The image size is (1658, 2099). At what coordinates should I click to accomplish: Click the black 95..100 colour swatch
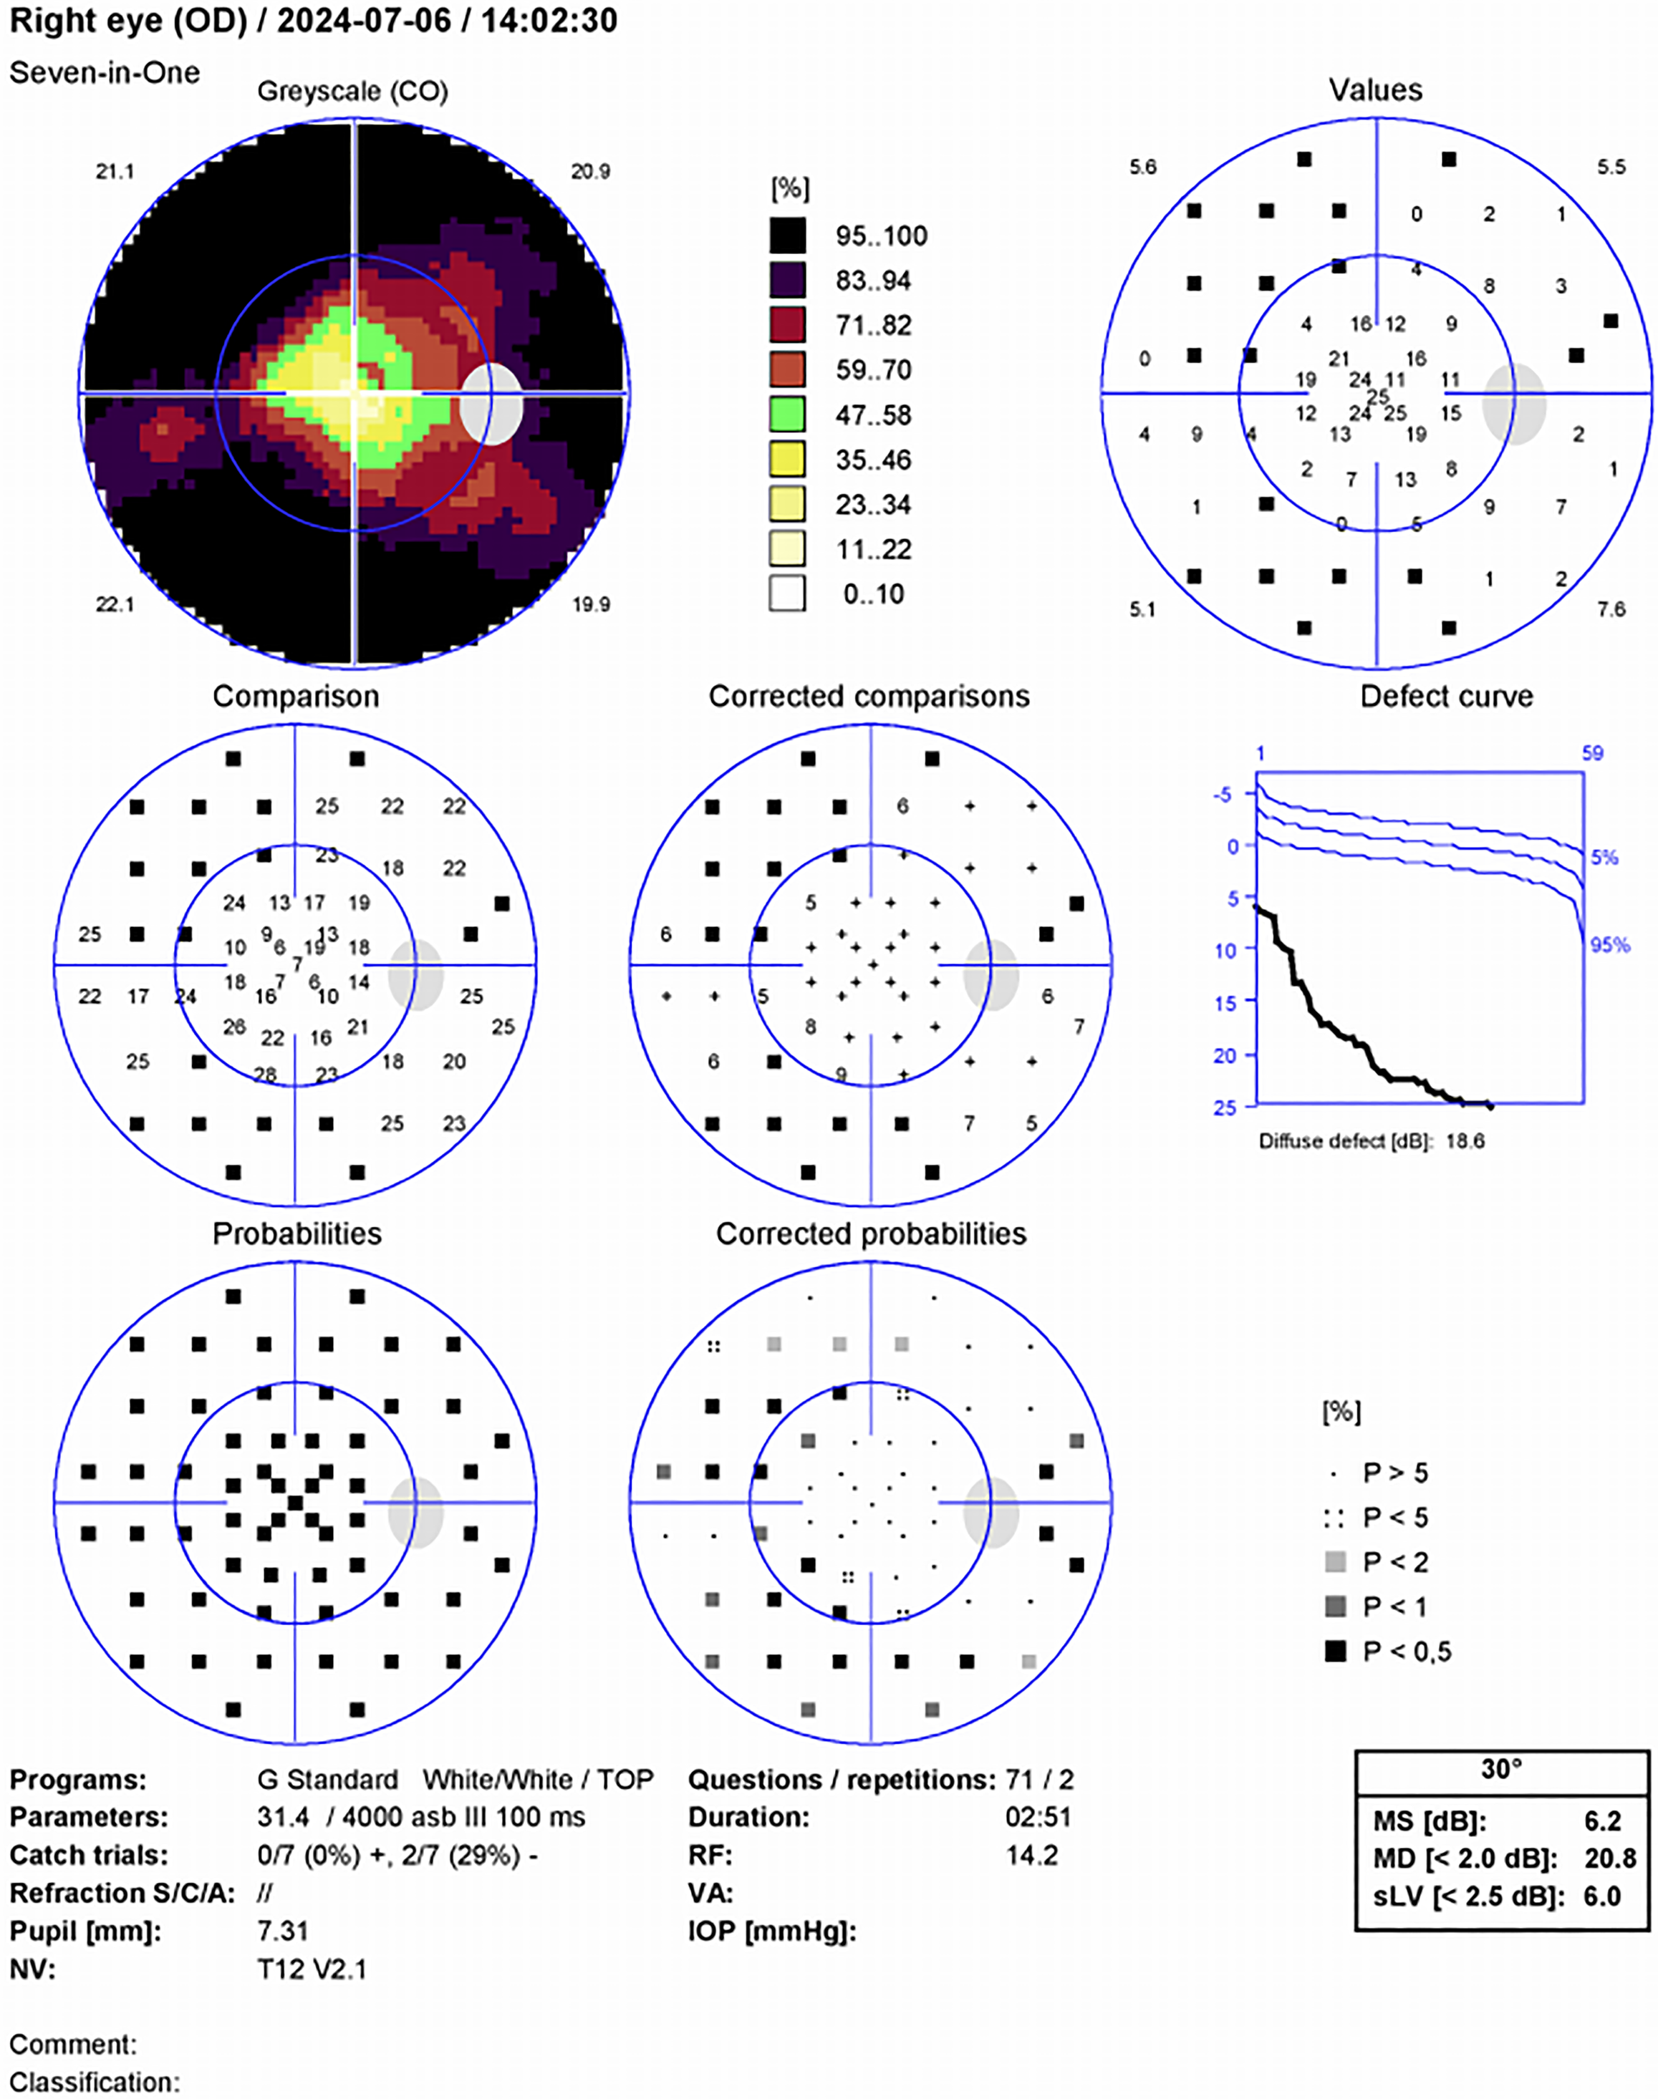(x=787, y=235)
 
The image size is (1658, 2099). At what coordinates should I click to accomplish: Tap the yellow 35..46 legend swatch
(x=787, y=459)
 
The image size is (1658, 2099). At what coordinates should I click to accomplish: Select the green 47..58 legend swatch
(x=787, y=415)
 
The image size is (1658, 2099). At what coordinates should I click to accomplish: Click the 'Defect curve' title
(x=1447, y=696)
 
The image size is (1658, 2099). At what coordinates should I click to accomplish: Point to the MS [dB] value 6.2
(x=1603, y=1821)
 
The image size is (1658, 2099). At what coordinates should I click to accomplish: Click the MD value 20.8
(x=1611, y=1858)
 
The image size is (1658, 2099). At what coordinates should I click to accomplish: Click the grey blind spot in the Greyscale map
(x=492, y=404)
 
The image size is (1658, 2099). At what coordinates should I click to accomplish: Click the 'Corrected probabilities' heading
(x=871, y=1233)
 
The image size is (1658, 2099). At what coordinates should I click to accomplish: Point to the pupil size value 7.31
(x=282, y=1931)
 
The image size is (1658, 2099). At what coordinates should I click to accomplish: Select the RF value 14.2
(x=1032, y=1856)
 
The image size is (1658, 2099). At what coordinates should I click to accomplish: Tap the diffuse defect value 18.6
(x=1465, y=1141)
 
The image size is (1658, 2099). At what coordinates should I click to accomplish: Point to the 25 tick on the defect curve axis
(x=1225, y=1107)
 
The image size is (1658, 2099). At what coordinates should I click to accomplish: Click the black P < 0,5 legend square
(x=1336, y=1651)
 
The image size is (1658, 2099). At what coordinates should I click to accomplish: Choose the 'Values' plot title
(x=1376, y=90)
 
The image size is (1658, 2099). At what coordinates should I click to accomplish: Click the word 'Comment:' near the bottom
(x=74, y=2045)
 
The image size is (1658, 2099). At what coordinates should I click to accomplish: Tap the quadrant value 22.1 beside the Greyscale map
(x=115, y=604)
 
